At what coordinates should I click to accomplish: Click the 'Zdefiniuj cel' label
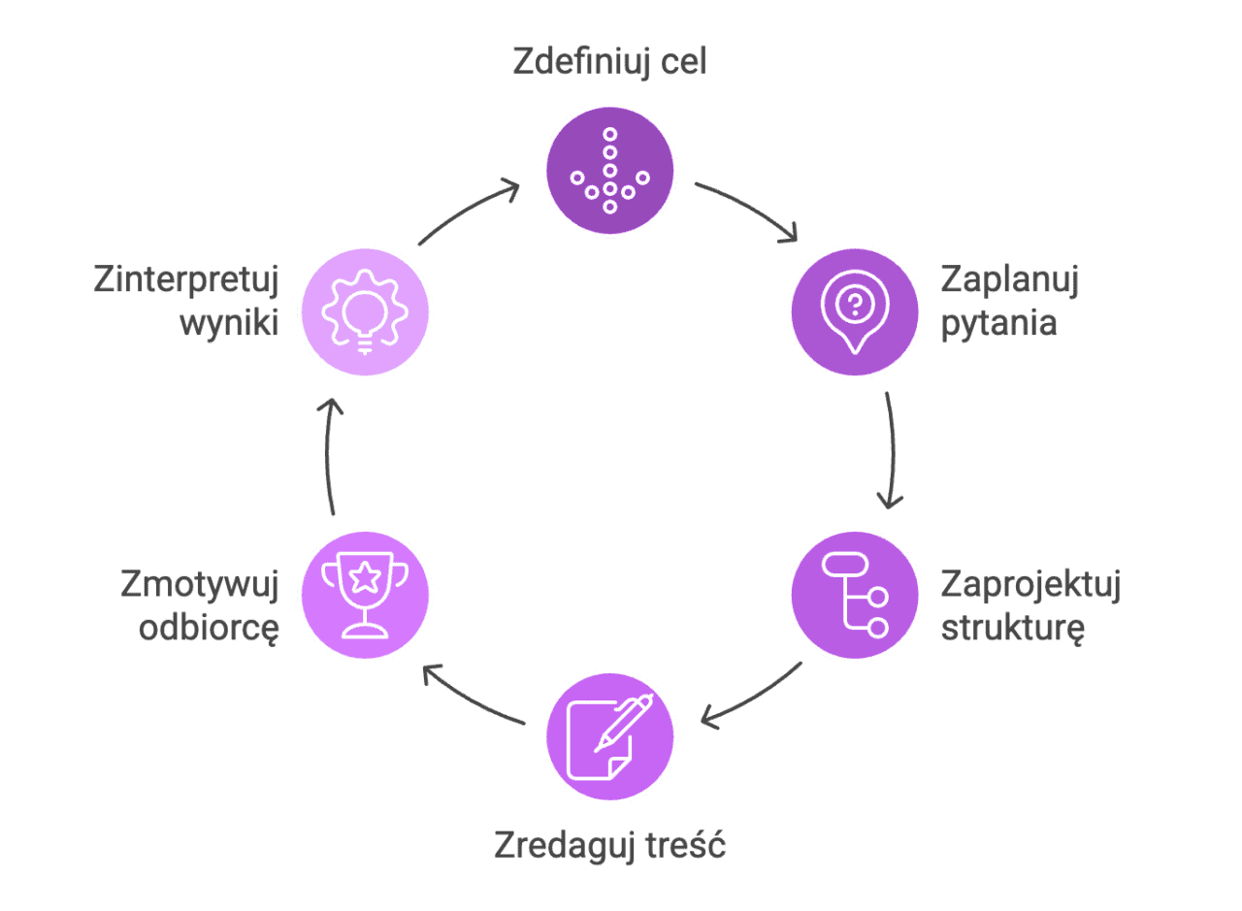tap(609, 62)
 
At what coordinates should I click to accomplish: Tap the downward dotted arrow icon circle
tap(609, 170)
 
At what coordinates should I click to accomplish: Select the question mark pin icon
tap(854, 311)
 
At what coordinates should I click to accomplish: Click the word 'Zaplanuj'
tap(1009, 280)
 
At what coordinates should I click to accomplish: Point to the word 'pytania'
tap(998, 323)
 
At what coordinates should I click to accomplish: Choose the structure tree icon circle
tap(854, 595)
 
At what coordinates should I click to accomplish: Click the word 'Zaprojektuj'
tap(1030, 586)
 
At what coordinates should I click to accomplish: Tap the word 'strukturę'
tap(1013, 628)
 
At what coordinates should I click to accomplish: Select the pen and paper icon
tap(609, 736)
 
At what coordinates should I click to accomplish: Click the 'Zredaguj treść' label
tap(609, 845)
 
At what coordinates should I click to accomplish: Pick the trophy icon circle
tap(365, 595)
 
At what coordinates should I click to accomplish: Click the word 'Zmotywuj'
tap(200, 586)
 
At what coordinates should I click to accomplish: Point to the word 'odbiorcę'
tap(209, 628)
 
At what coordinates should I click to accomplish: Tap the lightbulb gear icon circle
tap(365, 311)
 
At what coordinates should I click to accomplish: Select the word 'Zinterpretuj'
tap(186, 280)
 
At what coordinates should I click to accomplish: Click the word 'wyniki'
tap(229, 323)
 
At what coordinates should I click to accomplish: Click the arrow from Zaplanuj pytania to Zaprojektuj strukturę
tap(891, 449)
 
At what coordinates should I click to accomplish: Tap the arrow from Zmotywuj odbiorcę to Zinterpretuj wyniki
tap(329, 454)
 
